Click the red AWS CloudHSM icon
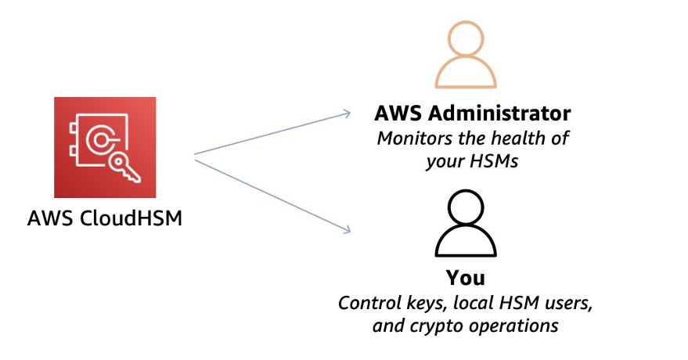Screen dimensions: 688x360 [105, 147]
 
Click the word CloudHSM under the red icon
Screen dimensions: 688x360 [131, 218]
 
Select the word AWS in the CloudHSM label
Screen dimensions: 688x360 [50, 218]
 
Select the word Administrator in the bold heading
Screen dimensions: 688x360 [500, 113]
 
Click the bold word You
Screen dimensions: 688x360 [466, 278]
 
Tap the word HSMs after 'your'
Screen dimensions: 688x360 [495, 161]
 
